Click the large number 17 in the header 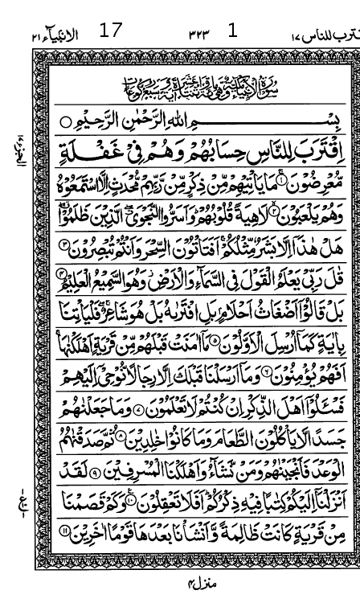(111, 32)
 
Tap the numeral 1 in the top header (233, 31)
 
